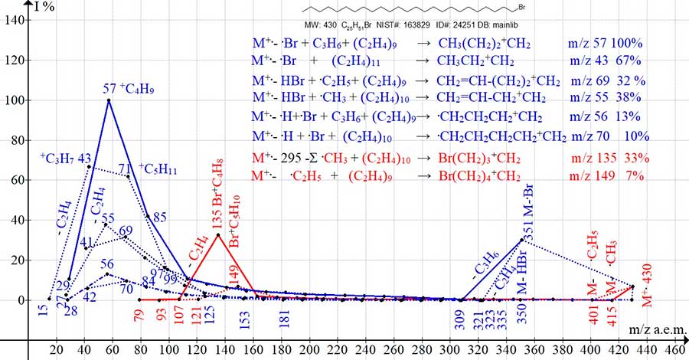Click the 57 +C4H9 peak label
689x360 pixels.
[x=130, y=89]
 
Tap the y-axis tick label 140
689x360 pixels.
[x=17, y=21]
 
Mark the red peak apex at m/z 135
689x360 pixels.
[x=218, y=234]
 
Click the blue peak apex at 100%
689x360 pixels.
[x=109, y=100]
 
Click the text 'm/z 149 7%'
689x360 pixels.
[x=606, y=176]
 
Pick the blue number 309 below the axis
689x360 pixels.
[x=459, y=317]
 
